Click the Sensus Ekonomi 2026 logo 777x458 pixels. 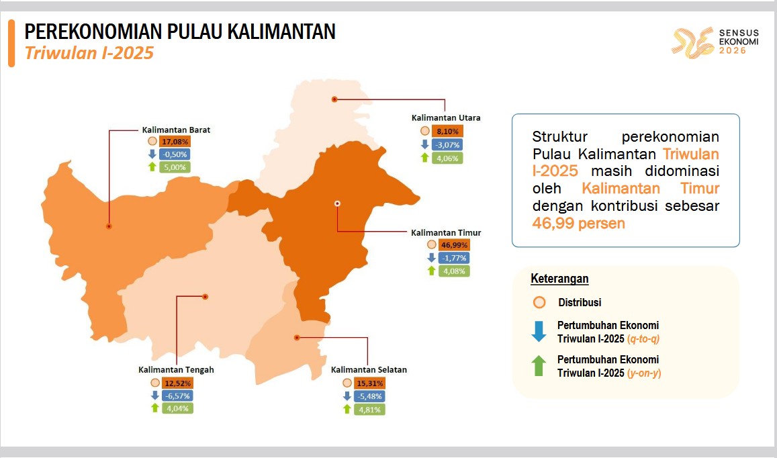715,42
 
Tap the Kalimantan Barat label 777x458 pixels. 176,130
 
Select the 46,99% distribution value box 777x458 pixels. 454,245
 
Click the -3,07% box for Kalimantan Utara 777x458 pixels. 447,145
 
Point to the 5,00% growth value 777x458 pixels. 175,167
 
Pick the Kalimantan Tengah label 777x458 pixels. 176,370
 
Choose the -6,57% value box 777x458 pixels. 177,396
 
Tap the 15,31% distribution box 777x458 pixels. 369,383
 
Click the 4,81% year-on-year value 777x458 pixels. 369,410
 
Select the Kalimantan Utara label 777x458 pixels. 446,118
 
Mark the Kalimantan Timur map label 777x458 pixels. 446,232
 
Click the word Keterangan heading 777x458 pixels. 559,279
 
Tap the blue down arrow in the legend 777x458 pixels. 539,331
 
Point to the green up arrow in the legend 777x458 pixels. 539,366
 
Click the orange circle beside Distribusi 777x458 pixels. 539,302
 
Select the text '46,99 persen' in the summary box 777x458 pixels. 579,223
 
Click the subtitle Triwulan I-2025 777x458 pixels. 89,53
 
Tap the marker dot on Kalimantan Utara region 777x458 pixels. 334,99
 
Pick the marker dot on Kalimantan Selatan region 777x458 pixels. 297,338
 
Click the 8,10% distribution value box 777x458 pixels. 447,132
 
